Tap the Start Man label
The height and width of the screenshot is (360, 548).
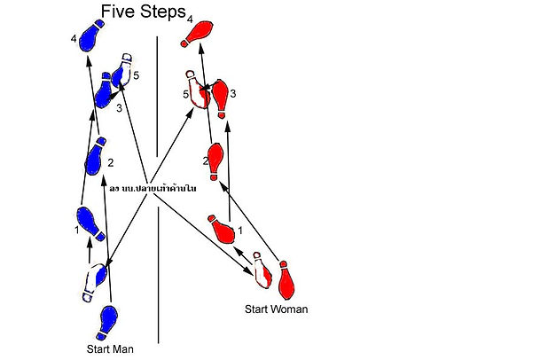point(110,348)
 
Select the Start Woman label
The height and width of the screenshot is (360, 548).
point(276,309)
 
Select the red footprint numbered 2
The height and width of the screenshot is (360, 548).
point(214,160)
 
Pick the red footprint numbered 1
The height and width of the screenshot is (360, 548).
point(223,230)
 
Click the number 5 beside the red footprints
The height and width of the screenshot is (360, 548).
point(186,93)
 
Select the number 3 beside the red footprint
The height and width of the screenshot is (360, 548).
point(232,93)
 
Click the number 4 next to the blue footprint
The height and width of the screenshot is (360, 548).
point(74,38)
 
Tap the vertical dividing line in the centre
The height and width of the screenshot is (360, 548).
point(159,266)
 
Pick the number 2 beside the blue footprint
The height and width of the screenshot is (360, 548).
point(111,162)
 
